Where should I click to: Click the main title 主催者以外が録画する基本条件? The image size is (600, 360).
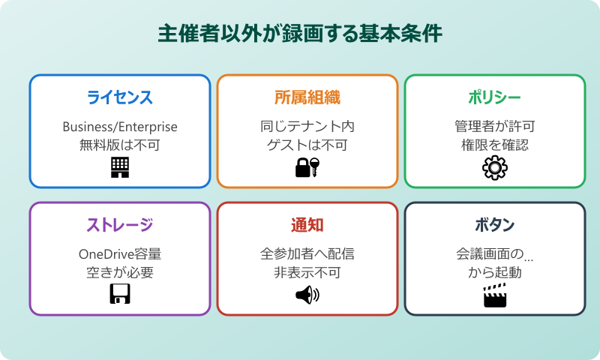[300, 34]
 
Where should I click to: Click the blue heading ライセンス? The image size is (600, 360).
[120, 97]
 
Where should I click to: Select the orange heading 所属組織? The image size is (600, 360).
[307, 97]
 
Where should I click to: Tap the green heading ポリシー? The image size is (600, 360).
[495, 97]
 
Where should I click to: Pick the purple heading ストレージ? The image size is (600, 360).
[120, 225]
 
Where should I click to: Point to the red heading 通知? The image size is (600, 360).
[307, 225]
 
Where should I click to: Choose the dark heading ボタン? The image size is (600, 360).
[495, 225]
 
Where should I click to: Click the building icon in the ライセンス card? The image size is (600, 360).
[120, 167]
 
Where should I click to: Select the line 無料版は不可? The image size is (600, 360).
[120, 145]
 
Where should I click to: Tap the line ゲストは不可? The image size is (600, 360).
[307, 145]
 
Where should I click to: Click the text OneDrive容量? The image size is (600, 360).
[120, 253]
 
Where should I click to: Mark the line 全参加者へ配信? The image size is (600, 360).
[307, 253]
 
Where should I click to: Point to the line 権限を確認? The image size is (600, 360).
[495, 145]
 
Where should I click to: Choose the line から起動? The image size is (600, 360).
[495, 272]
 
